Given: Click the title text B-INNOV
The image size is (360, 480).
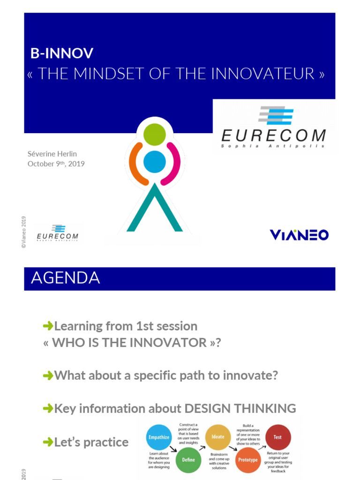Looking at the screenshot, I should point(62,53).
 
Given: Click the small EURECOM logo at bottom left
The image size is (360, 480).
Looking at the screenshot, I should point(57,232).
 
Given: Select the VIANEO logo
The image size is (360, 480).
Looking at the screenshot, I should point(299,234).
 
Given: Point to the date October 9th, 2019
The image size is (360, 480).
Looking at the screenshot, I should point(56,164).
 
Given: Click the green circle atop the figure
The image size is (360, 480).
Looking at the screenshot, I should point(155,135).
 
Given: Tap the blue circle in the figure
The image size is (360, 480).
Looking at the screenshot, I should point(154,161).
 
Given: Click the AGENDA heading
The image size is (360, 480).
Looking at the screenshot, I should point(65,278).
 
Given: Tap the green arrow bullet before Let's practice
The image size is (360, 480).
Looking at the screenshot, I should point(47,442).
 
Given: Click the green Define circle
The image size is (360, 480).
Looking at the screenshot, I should point(188,459).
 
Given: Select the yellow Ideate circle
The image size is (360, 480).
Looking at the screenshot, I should point(217,436).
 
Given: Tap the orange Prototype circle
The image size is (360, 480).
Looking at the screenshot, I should point(247,459).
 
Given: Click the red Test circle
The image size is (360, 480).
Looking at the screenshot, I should point(277,437).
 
